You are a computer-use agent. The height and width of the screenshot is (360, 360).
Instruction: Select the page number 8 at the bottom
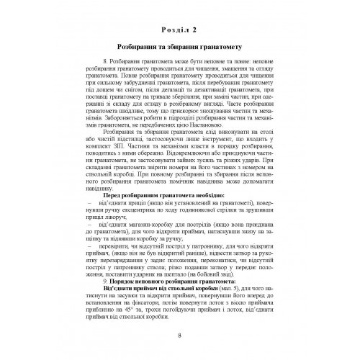pyautogui.click(x=180, y=335)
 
